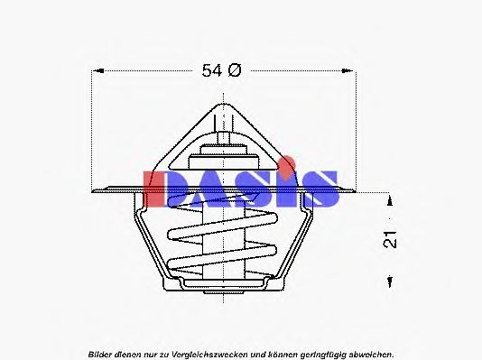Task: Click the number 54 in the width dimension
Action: coord(211,71)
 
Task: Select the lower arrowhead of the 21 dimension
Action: coord(388,283)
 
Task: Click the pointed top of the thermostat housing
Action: coord(221,106)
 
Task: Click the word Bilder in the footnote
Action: coord(100,352)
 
